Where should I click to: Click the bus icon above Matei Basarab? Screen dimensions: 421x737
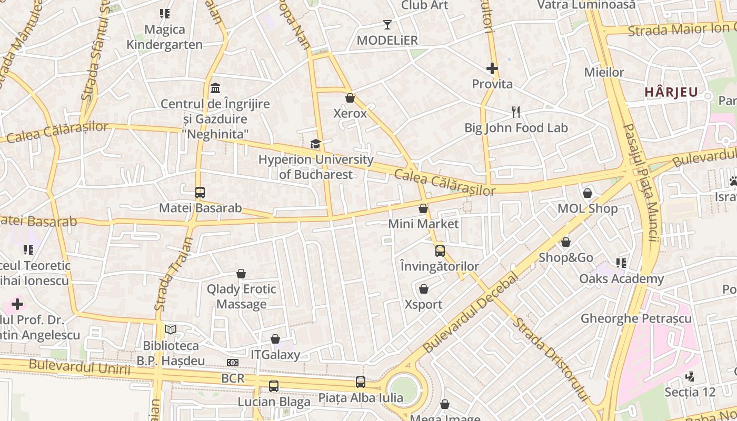200,193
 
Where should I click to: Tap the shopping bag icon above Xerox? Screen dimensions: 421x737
350,98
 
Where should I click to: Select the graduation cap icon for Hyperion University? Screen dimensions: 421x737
315,144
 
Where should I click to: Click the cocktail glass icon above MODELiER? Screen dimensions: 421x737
387,25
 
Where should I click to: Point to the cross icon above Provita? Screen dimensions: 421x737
492,68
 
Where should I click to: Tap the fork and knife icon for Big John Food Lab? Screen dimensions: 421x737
516,112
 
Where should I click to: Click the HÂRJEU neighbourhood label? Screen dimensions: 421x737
671,93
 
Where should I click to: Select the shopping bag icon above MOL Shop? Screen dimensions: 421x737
587,193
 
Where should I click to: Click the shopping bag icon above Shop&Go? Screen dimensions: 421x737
566,243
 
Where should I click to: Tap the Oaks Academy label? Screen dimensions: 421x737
621,279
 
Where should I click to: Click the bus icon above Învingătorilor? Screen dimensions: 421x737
440,251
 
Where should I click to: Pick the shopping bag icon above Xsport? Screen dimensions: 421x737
424,289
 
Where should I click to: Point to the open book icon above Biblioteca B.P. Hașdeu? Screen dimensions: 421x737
171,330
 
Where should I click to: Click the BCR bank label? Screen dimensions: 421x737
233,378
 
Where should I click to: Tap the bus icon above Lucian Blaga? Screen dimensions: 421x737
274,386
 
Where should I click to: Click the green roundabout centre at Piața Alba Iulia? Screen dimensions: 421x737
404,390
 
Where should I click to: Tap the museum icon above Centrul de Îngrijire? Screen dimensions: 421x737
215,88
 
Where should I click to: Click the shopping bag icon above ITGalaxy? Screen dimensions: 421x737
275,339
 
